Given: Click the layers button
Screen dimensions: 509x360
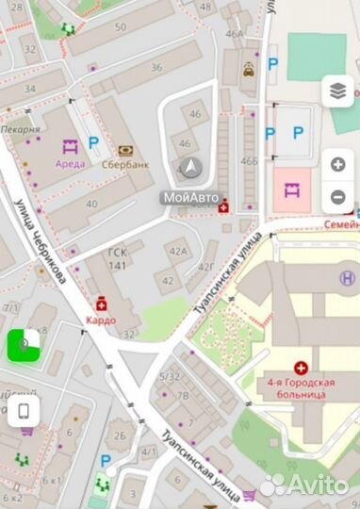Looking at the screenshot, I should [338, 90].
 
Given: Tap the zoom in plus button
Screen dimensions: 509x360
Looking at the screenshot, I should [338, 164].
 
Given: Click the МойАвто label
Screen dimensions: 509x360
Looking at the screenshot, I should [190, 197].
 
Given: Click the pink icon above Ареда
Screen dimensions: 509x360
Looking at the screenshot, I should [69, 146].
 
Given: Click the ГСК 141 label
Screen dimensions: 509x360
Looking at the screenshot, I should [118, 259].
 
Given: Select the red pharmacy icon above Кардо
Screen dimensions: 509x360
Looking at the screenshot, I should [100, 304].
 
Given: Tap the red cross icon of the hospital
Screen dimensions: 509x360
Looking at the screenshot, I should [302, 369].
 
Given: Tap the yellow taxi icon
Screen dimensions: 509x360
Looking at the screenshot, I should [248, 68].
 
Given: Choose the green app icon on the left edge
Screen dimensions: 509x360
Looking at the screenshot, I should [24, 344].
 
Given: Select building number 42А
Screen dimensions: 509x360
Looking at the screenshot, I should [176, 251].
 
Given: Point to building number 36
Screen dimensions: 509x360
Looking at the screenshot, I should [156, 67].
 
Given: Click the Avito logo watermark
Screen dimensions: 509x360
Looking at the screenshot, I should [304, 484].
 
